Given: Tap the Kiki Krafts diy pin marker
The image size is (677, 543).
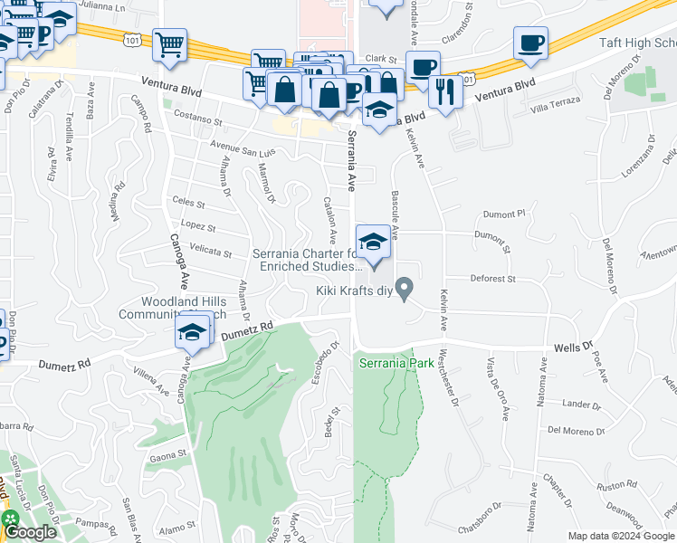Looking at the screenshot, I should [405, 290].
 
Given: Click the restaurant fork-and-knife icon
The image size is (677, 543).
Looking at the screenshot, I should [445, 90].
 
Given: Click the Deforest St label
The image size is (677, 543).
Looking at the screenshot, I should [492, 280].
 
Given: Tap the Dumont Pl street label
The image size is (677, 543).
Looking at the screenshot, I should [503, 214].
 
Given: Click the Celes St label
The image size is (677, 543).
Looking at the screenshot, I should [187, 205].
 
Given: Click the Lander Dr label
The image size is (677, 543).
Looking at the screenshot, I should [576, 405].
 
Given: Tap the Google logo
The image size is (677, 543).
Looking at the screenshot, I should [29, 532].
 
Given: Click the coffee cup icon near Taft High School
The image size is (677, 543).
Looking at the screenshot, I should [530, 43].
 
